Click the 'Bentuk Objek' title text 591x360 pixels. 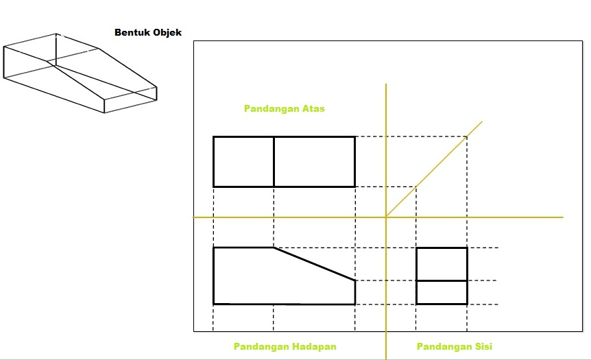pos(147,32)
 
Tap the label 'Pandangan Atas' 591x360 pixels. pos(284,108)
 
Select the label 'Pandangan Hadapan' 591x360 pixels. pos(285,346)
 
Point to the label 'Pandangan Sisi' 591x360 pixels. pos(454,346)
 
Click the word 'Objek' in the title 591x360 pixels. pos(167,32)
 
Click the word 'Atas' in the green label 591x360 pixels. pos(313,108)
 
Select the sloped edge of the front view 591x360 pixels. pos(314,264)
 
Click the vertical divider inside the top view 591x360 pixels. pos(274,162)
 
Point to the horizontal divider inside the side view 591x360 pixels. pos(442,280)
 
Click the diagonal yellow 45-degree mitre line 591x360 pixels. pos(434,169)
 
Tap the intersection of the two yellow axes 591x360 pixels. pos(386,217)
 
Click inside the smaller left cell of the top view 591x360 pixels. pos(243,162)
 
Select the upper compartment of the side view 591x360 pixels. pos(442,264)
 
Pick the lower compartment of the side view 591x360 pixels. pos(442,292)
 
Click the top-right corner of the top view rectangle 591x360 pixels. pos(354,137)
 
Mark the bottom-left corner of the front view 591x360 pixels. pos(214,303)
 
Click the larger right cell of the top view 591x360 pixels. pos(314,162)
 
